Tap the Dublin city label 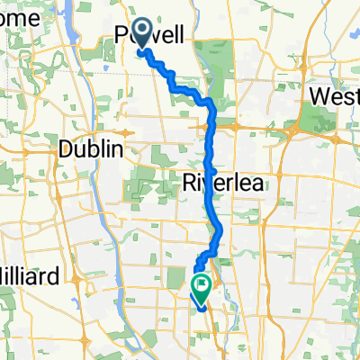click(89, 149)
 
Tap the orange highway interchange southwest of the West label click(292, 130)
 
